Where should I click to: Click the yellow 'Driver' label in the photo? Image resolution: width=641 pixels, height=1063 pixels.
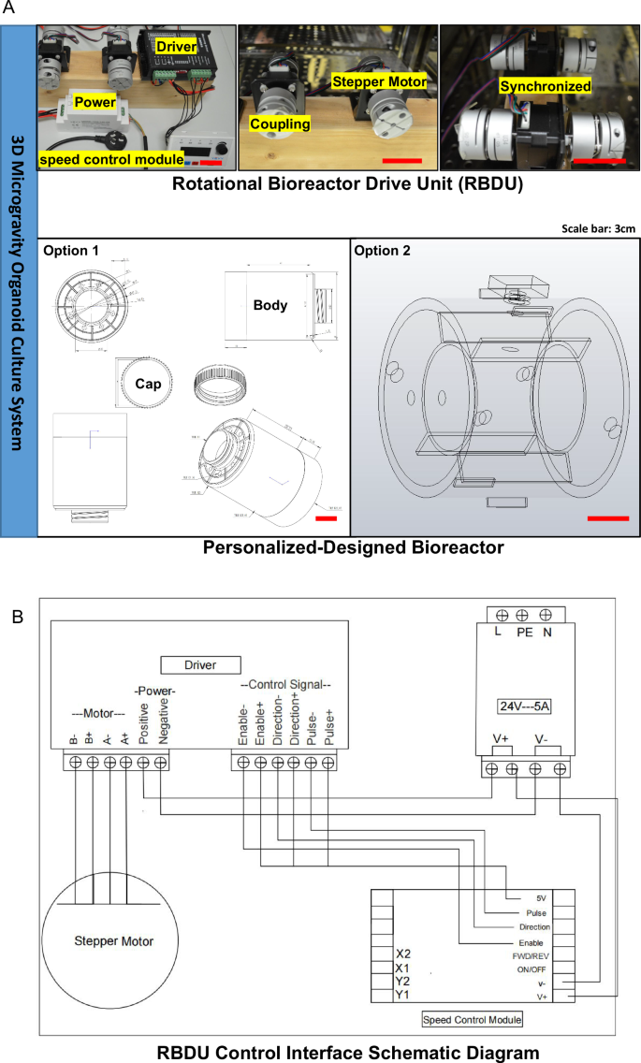[176, 45]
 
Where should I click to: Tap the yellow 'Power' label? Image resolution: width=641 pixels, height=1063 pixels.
[96, 100]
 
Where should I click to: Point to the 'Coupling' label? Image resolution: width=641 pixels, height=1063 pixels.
[278, 124]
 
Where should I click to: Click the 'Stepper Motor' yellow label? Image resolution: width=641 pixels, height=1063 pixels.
[379, 82]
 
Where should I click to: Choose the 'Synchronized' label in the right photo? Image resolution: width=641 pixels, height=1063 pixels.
[546, 86]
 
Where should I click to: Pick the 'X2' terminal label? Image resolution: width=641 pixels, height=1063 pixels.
[403, 955]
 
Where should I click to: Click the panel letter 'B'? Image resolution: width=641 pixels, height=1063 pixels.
[14, 618]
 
